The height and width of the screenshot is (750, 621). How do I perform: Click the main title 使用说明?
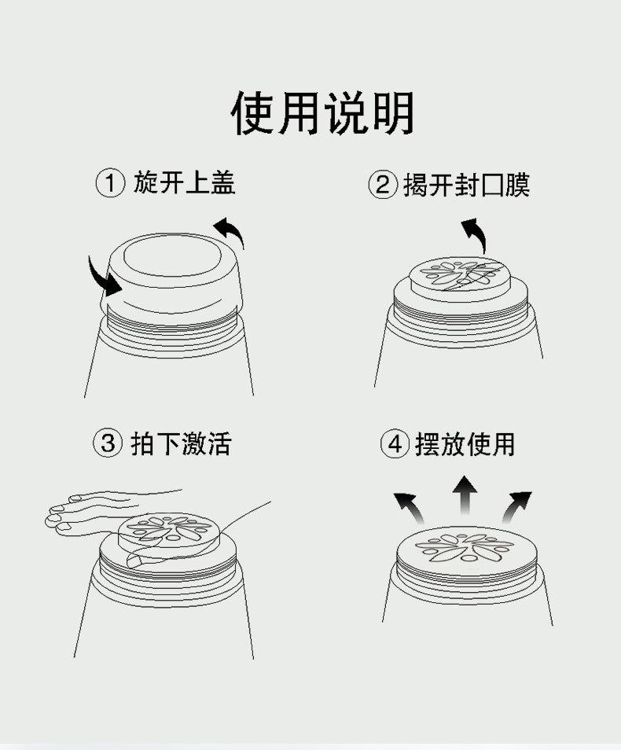[x=322, y=113]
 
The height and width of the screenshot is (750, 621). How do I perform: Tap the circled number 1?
[x=111, y=184]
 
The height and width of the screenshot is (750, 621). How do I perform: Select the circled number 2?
[x=383, y=185]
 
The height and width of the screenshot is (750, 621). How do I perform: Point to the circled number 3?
[x=108, y=443]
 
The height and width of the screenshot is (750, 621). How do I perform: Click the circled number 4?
[x=395, y=444]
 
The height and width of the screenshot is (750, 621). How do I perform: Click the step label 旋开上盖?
[x=185, y=182]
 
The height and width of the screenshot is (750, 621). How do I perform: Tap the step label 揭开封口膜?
[x=466, y=185]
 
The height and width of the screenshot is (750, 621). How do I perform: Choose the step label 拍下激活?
[x=182, y=443]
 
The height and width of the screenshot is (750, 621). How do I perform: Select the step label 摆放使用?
[x=465, y=444]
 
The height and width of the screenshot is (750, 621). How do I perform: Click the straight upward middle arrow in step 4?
[x=465, y=496]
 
